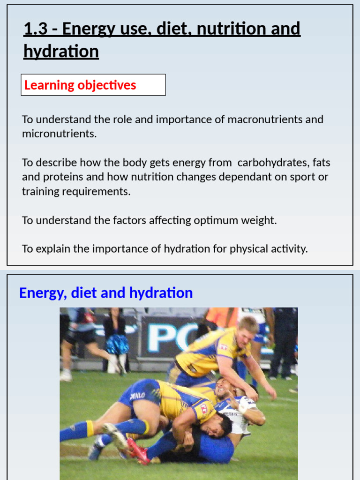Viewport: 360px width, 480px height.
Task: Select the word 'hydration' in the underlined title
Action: [x=61, y=52]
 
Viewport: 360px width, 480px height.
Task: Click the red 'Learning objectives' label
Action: [x=80, y=85]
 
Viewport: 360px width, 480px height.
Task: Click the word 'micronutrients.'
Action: [x=59, y=134]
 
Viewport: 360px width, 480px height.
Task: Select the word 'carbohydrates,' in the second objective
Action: [x=273, y=163]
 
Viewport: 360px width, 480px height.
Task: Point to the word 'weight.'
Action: [x=257, y=220]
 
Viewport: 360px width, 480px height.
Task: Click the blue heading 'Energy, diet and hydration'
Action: [x=106, y=293]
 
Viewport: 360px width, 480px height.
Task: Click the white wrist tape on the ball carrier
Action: [x=242, y=408]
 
